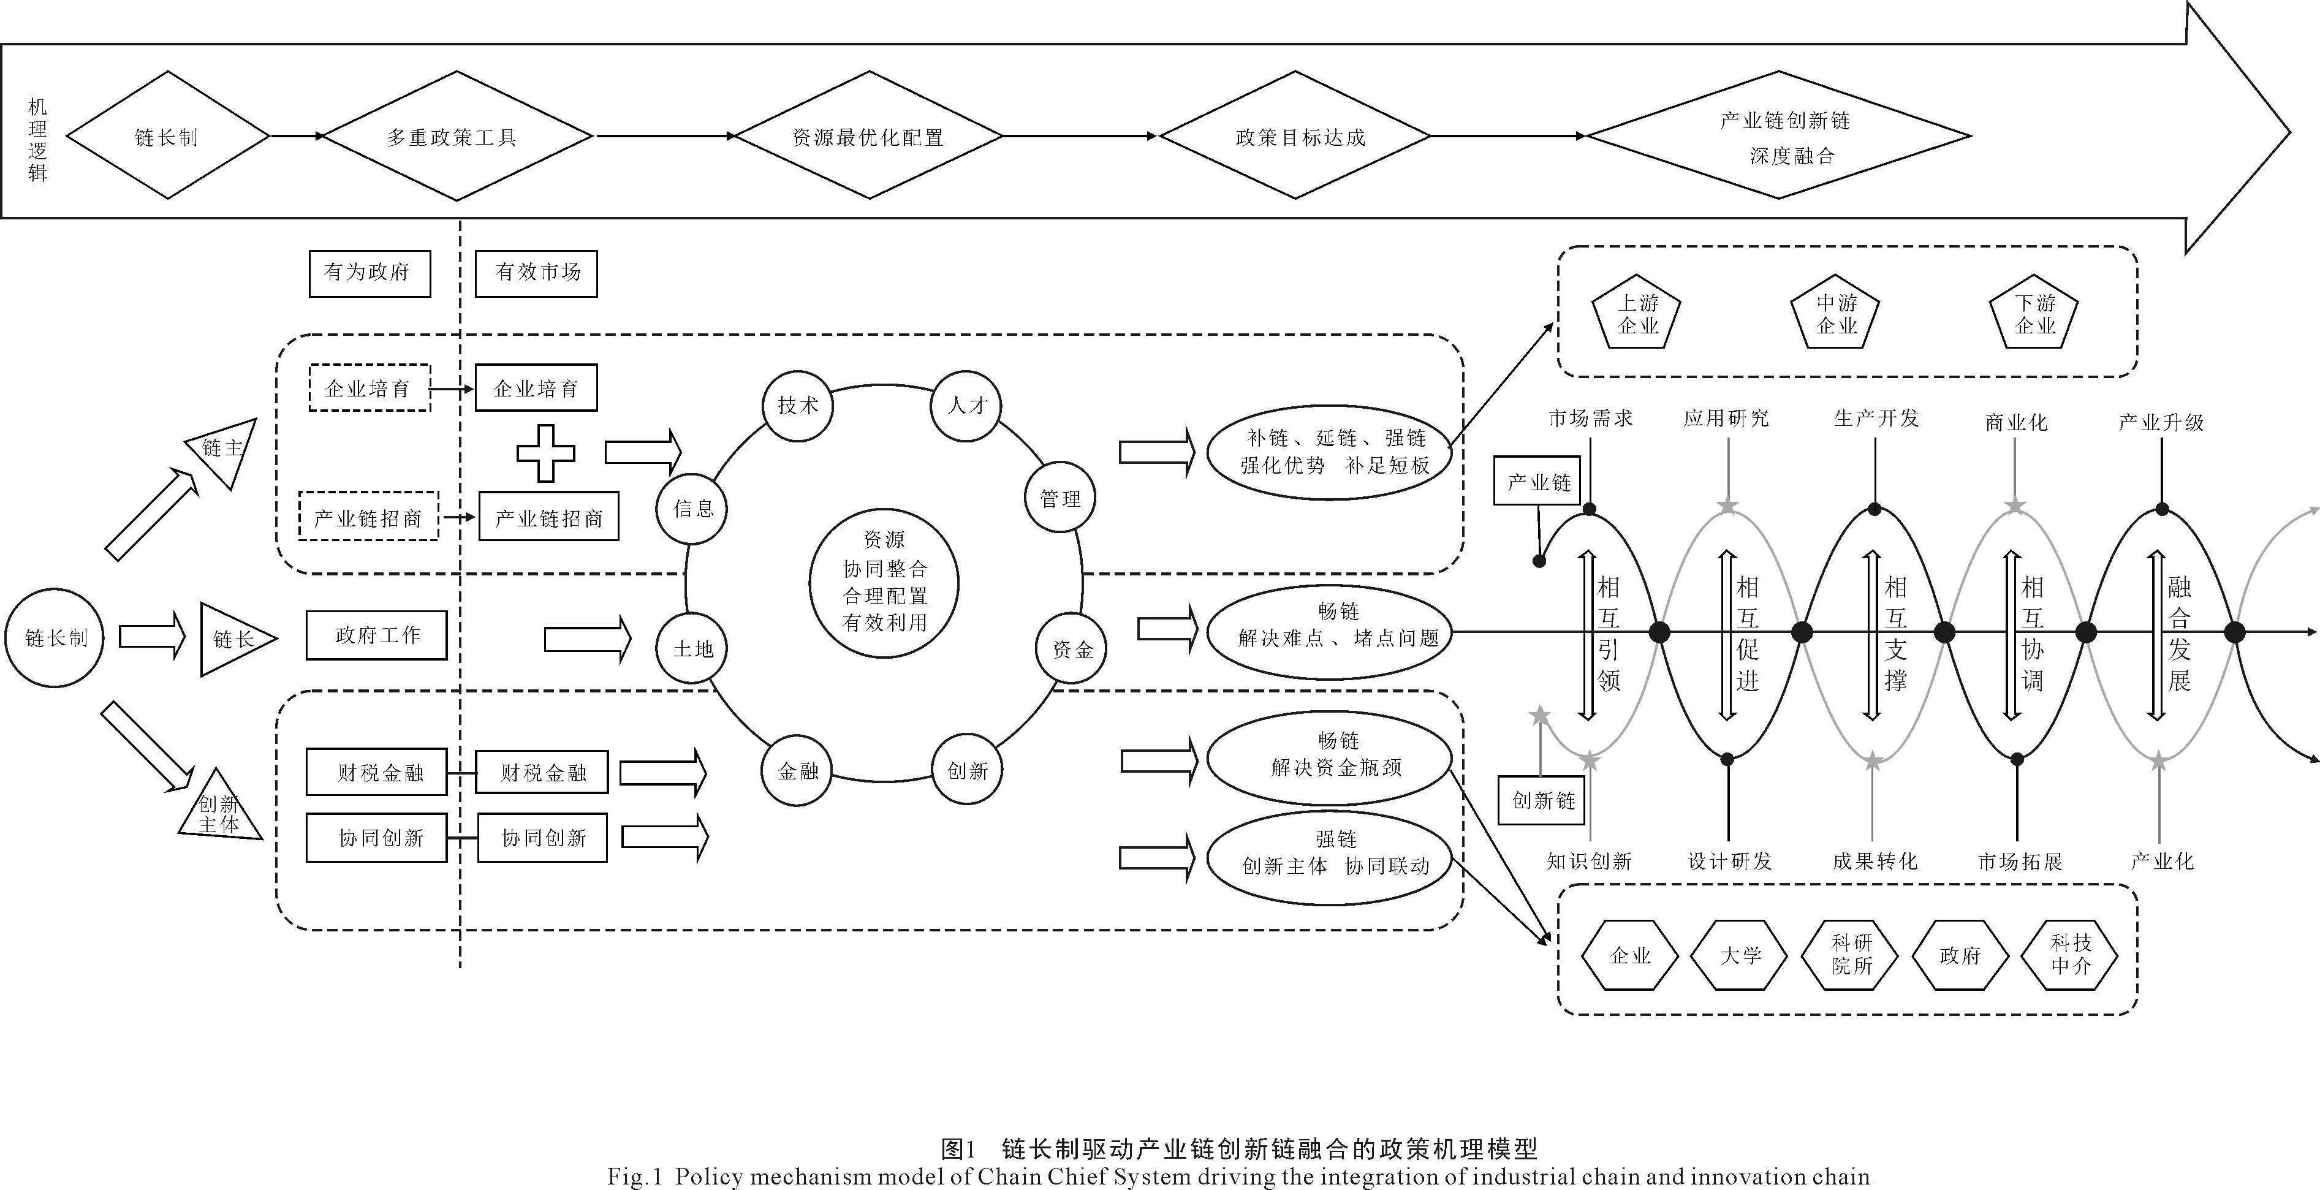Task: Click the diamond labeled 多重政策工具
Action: coord(457,137)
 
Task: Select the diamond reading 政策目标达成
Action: coord(1295,137)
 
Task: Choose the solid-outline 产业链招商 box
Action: coord(548,517)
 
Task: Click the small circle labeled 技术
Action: coord(798,406)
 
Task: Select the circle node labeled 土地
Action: coord(692,648)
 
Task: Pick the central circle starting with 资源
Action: coord(884,582)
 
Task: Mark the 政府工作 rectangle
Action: coord(376,635)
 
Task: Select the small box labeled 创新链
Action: coord(1543,800)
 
